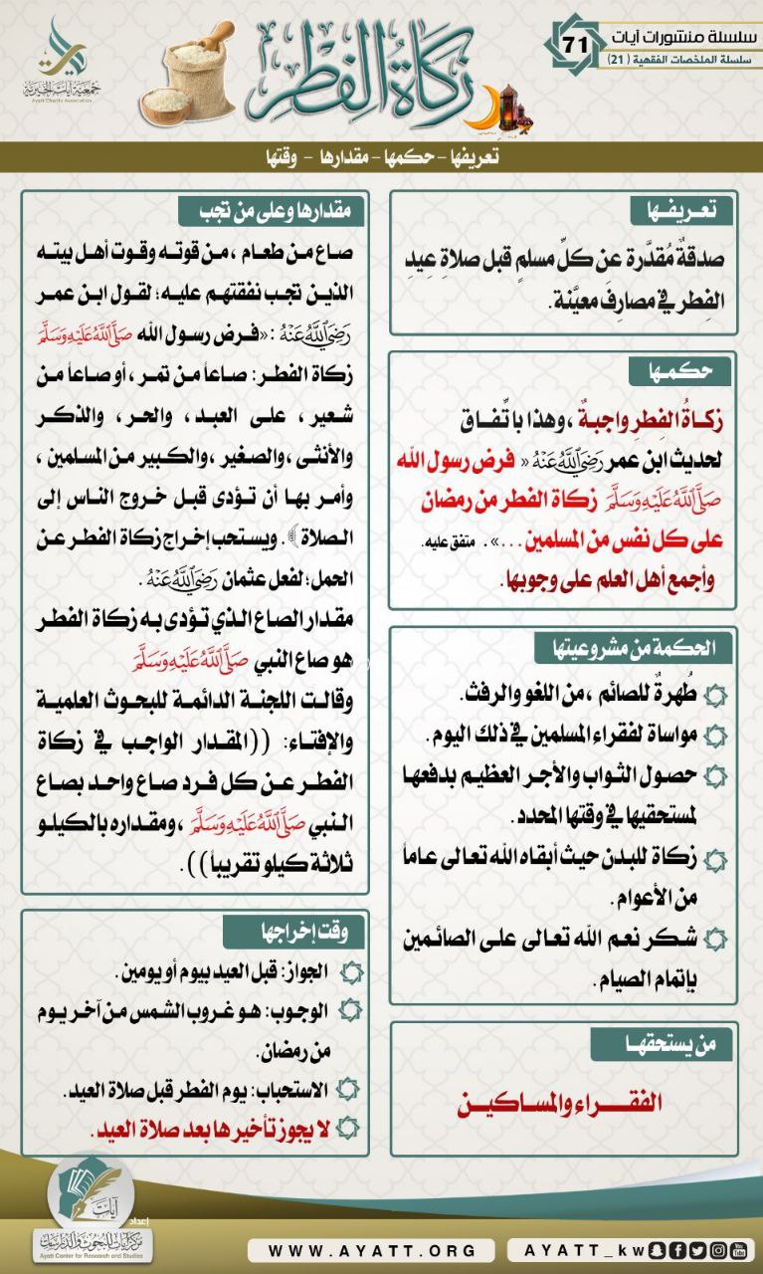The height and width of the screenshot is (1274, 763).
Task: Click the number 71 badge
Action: click(x=575, y=43)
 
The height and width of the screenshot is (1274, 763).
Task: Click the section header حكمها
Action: click(x=681, y=371)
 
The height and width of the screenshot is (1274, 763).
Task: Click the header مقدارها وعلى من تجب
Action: click(x=274, y=211)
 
